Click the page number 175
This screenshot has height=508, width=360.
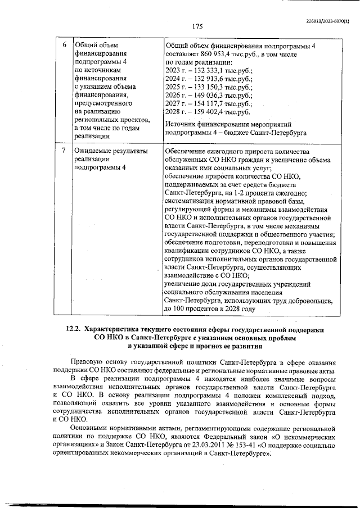pyautogui.click(x=197, y=26)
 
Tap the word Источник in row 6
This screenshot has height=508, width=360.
pyautogui.click(x=182, y=126)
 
